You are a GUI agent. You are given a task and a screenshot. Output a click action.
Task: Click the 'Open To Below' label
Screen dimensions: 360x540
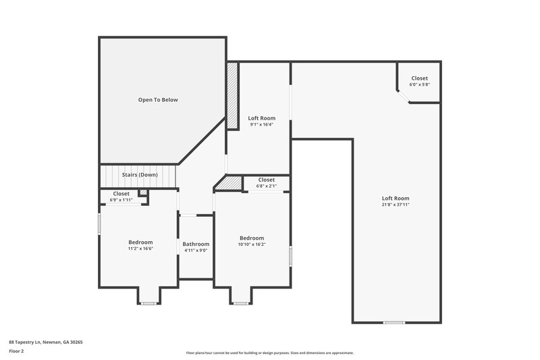coord(158,100)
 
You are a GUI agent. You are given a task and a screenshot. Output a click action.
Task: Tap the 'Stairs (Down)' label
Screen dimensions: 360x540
coord(140,175)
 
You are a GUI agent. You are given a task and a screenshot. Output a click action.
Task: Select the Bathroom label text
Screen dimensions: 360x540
coord(196,244)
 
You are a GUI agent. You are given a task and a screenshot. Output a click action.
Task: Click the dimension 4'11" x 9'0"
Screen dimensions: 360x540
coord(196,251)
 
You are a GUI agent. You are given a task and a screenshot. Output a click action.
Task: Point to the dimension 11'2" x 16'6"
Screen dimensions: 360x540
coord(140,249)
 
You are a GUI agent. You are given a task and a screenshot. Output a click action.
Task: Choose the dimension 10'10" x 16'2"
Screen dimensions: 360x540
coord(251,245)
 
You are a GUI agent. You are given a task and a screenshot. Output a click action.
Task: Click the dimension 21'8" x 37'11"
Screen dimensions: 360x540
coord(396,205)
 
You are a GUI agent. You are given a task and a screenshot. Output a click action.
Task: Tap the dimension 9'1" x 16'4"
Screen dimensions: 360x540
coord(261,124)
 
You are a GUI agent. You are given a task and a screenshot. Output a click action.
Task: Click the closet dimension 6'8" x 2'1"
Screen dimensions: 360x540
coord(266,186)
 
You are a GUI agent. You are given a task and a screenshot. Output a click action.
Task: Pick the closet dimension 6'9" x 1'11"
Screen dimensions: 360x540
coord(122,200)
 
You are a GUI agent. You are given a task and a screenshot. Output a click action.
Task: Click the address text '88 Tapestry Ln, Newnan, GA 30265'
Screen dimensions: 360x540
coord(45,342)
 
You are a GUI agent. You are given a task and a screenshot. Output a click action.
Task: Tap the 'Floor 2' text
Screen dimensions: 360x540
coord(18,352)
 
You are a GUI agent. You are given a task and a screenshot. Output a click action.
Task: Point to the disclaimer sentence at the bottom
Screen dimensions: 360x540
coord(269,353)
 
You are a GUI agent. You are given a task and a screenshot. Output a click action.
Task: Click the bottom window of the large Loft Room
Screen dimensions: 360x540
coord(394,323)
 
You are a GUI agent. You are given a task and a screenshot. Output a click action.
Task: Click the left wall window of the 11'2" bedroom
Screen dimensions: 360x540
coord(100,224)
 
